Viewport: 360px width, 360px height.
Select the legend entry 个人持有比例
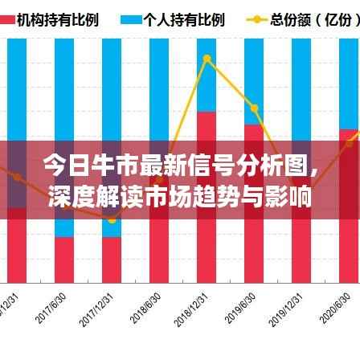[x=172, y=18]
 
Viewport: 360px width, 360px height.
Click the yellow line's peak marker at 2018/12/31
[x=207, y=59]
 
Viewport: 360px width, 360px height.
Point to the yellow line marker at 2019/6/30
[x=254, y=108]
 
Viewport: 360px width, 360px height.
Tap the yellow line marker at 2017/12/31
[x=112, y=219]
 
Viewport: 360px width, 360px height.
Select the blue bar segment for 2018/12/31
[x=207, y=76]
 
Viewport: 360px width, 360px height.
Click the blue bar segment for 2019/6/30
[x=254, y=80]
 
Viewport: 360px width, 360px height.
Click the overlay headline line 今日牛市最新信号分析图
[x=179, y=166]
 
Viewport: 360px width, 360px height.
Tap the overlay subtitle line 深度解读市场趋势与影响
[x=179, y=195]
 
